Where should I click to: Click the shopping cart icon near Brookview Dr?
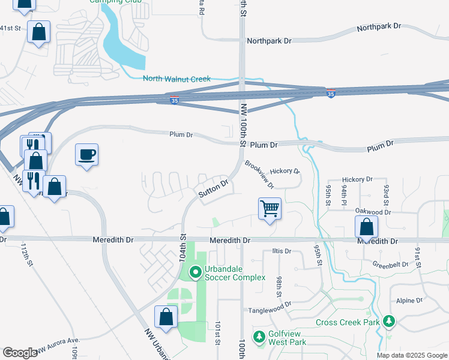pyautogui.click(x=270, y=209)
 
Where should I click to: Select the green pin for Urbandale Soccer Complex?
pyautogui.click(x=195, y=273)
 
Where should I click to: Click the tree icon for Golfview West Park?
pyautogui.click(x=259, y=337)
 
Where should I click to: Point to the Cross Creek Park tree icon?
pyautogui.click(x=389, y=322)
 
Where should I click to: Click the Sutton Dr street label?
pyautogui.click(x=213, y=189)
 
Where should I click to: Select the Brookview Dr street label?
pyautogui.click(x=259, y=174)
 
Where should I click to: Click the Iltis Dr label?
pyautogui.click(x=281, y=251)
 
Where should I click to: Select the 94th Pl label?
pyautogui.click(x=345, y=194)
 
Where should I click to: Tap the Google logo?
pyautogui.click(x=20, y=353)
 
